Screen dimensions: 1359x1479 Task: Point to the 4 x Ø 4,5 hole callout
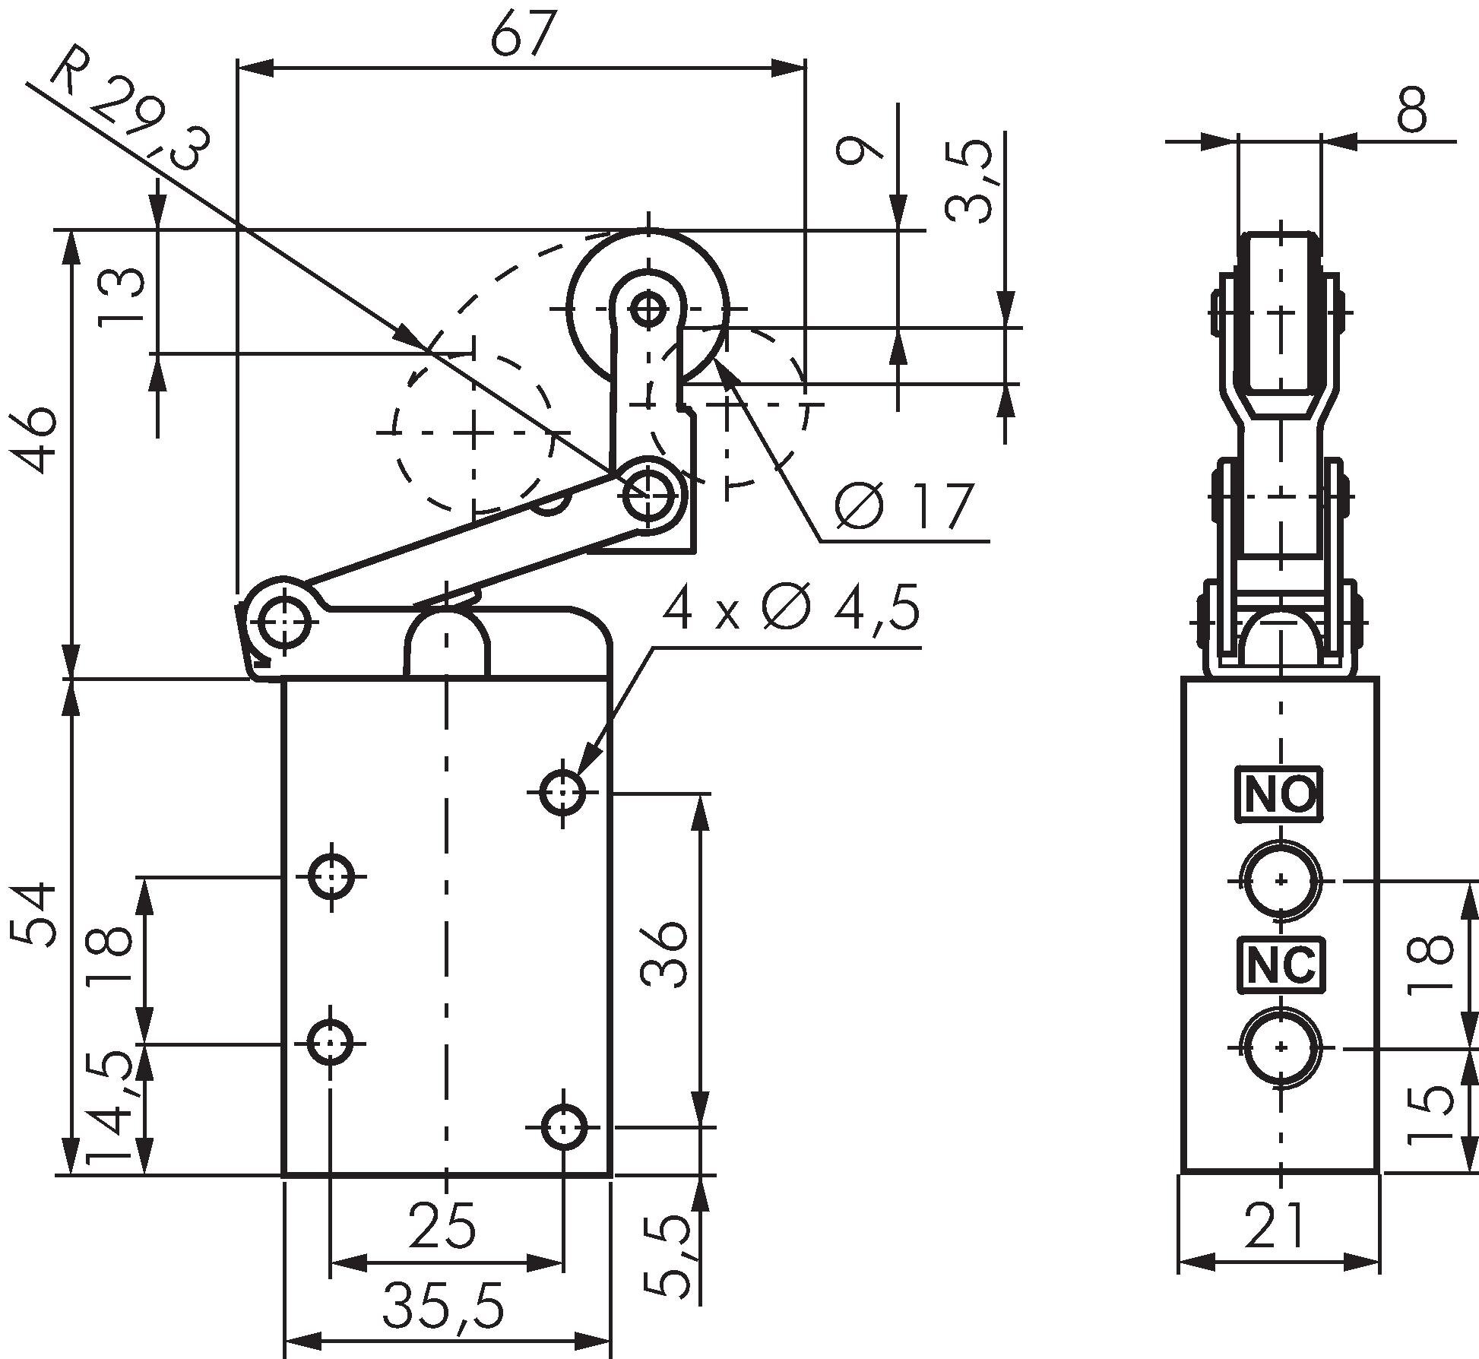790,610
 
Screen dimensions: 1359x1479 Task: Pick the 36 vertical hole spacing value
664,955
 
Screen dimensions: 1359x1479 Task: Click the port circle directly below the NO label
1281,881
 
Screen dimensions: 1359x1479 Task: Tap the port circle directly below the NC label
1281,1047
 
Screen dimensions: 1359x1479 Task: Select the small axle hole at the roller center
648,309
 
